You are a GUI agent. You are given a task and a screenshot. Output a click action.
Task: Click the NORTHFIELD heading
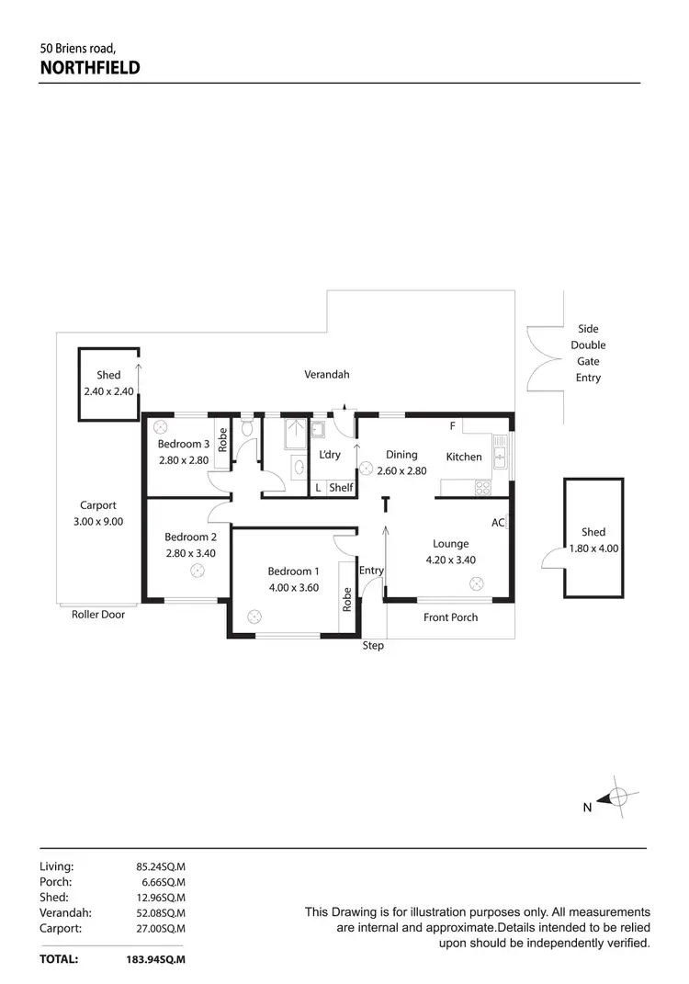(x=89, y=66)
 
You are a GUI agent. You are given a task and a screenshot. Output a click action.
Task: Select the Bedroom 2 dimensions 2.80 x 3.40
(x=190, y=554)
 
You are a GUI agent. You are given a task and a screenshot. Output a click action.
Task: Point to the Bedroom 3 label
(x=184, y=444)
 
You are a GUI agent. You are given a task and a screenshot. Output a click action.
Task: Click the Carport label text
(x=98, y=505)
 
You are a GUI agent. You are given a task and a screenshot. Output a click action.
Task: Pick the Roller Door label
(x=98, y=615)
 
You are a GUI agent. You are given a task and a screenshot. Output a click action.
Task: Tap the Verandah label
(x=327, y=374)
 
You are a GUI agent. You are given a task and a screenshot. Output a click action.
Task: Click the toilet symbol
(x=246, y=428)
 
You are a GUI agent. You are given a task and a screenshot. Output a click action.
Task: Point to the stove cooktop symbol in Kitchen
(x=482, y=488)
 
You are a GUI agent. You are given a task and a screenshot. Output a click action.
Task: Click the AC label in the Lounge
(x=498, y=523)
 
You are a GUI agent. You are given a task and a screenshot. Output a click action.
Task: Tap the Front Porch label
(x=450, y=617)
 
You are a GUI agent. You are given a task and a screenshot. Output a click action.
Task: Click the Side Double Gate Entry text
(x=588, y=353)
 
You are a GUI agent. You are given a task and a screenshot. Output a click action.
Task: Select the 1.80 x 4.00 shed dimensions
(x=593, y=549)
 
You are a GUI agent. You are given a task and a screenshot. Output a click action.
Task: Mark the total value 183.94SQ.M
(x=156, y=959)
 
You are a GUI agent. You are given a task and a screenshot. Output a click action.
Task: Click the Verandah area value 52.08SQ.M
(x=161, y=912)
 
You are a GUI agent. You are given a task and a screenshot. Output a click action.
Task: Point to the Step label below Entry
(x=373, y=646)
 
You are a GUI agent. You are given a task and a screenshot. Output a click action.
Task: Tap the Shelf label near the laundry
(x=340, y=488)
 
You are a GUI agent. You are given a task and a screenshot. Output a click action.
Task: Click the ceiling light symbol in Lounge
(x=477, y=582)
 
